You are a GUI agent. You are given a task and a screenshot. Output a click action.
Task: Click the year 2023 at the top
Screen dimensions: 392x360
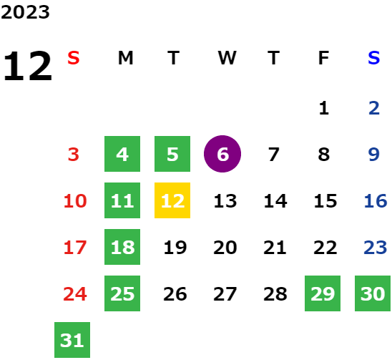click(25, 12)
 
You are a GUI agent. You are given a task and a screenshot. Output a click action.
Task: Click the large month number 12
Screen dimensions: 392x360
click(27, 66)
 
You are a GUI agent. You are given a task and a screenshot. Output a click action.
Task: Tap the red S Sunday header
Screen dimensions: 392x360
click(74, 58)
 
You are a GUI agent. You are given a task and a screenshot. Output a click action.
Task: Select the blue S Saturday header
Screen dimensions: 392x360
click(373, 58)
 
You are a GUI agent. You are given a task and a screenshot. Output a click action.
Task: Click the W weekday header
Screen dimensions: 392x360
click(227, 58)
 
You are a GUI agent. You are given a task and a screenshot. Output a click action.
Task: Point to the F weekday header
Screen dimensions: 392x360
click(323, 58)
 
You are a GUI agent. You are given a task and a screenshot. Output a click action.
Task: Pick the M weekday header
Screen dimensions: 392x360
click(125, 58)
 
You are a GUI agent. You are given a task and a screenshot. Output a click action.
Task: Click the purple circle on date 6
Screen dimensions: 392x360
click(222, 154)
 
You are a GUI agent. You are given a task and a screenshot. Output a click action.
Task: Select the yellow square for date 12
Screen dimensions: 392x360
click(172, 200)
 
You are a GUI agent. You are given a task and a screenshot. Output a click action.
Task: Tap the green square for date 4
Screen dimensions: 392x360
click(122, 154)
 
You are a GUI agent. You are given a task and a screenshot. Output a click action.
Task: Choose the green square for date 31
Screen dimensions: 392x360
click(72, 340)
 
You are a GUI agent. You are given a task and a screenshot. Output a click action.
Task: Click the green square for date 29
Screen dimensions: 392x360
click(323, 293)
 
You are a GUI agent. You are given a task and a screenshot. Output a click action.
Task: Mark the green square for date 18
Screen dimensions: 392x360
click(122, 247)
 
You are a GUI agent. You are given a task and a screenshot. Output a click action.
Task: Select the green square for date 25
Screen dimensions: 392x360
click(122, 293)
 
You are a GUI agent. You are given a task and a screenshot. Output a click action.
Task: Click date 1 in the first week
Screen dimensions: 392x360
click(324, 108)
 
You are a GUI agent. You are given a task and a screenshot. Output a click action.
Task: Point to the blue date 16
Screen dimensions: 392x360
click(376, 200)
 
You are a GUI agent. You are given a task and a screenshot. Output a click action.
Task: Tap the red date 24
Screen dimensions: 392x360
click(75, 293)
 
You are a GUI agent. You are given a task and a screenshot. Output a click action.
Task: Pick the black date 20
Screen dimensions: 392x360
click(225, 248)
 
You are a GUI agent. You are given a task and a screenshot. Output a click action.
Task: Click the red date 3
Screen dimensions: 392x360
click(74, 154)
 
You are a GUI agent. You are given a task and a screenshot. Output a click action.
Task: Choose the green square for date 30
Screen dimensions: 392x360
click(373, 293)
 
